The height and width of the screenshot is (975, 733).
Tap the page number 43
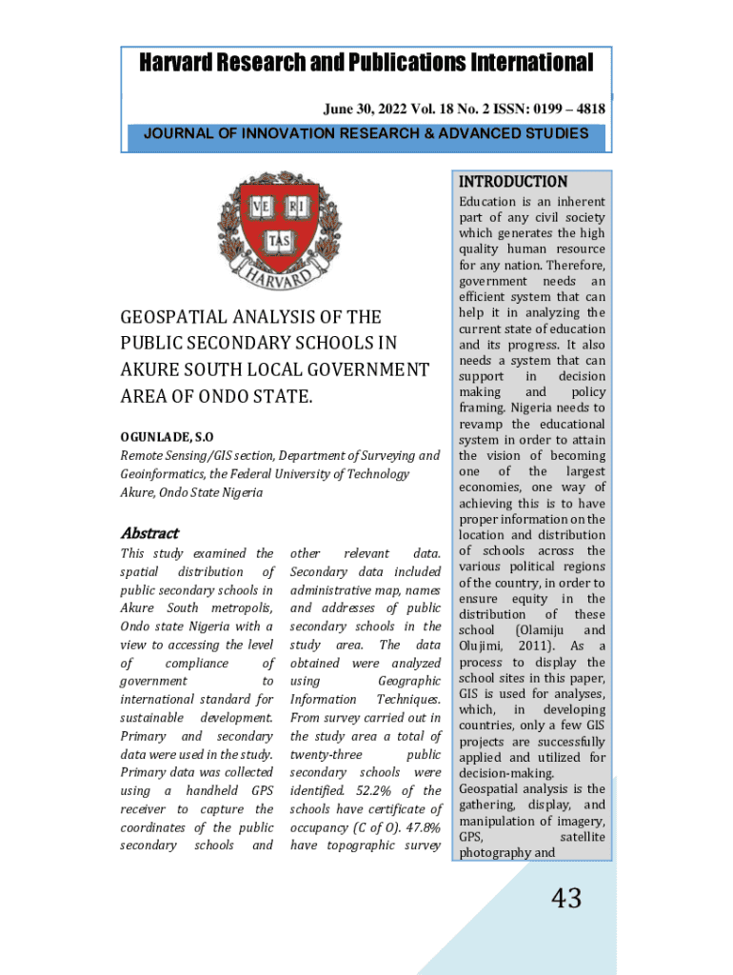pyautogui.click(x=566, y=897)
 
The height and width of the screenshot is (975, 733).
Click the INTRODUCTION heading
pyautogui.click(x=513, y=181)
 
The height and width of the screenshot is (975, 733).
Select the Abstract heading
pyautogui.click(x=149, y=533)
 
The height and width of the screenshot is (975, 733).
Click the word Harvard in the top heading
pyautogui.click(x=179, y=64)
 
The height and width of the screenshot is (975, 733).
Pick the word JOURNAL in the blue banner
pyautogui.click(x=177, y=133)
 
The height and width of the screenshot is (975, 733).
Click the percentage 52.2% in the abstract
pyautogui.click(x=364, y=791)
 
